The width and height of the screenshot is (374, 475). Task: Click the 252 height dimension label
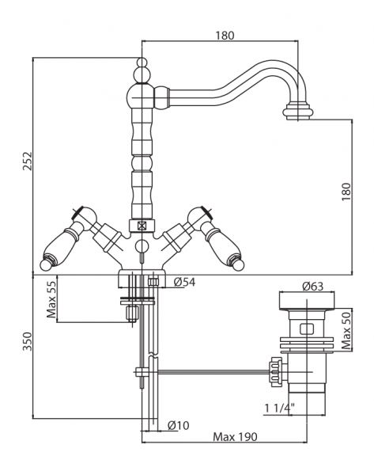(27, 161)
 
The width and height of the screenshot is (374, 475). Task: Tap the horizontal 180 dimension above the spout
(225, 36)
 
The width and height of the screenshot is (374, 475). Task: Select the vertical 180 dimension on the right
(346, 191)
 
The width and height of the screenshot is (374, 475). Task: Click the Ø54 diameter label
(184, 282)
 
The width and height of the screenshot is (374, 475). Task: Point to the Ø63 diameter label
(312, 286)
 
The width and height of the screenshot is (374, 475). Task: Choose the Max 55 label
(51, 299)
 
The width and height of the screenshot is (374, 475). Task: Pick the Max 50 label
(346, 330)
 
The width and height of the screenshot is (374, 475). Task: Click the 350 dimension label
(27, 341)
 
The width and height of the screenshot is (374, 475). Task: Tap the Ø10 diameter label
(179, 425)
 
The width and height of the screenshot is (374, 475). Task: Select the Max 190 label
(235, 437)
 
